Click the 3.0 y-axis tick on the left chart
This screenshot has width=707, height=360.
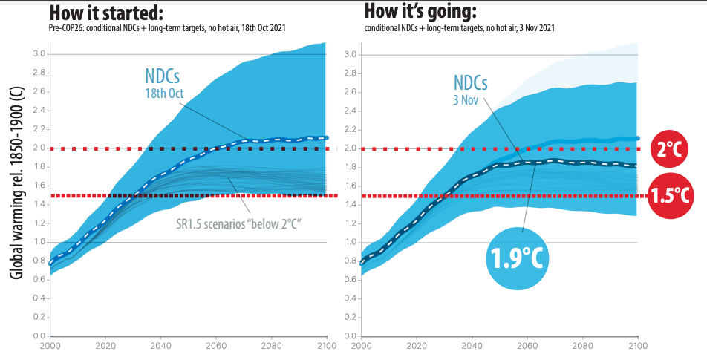click(x=39, y=55)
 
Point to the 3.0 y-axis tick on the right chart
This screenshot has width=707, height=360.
click(x=351, y=55)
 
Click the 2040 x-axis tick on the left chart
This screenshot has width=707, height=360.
click(x=160, y=346)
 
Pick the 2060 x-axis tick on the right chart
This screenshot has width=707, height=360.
click(x=527, y=346)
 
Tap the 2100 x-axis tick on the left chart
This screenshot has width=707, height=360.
click(x=327, y=346)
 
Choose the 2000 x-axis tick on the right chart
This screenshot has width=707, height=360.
click(x=362, y=346)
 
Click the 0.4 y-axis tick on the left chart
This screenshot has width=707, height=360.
click(x=39, y=298)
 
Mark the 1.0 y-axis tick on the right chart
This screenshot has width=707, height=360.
click(x=351, y=243)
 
